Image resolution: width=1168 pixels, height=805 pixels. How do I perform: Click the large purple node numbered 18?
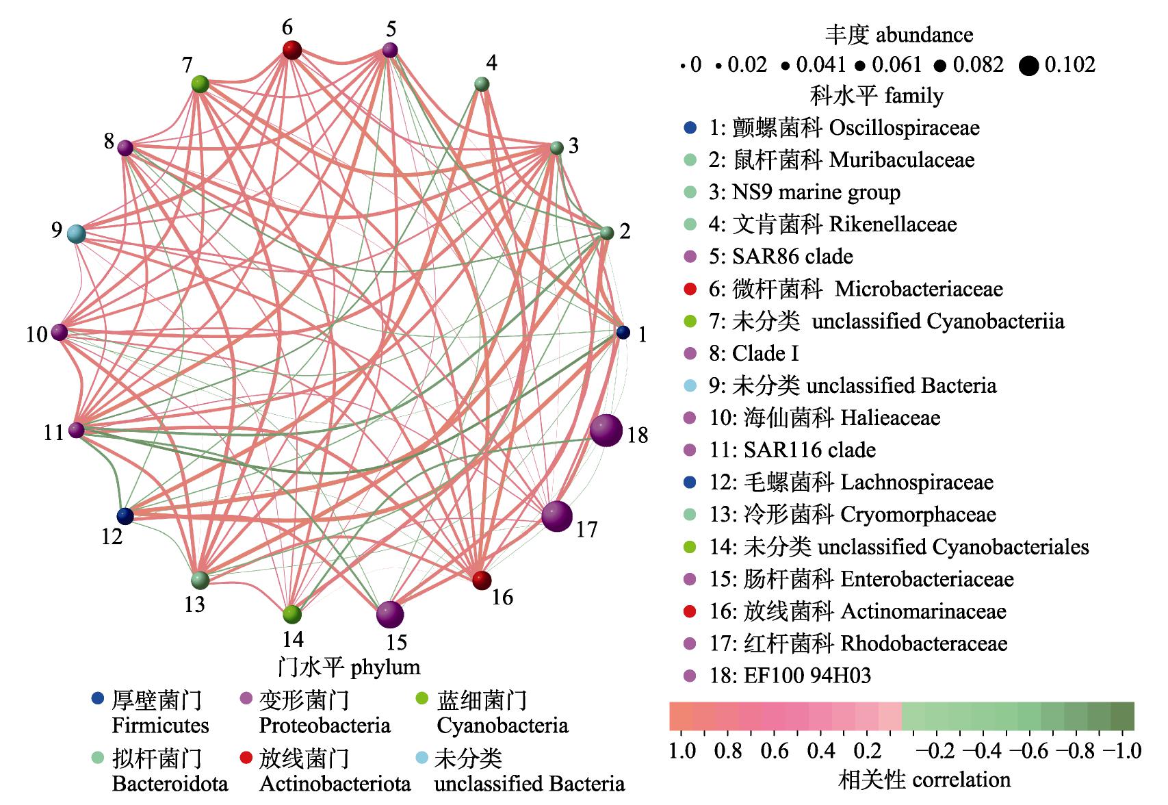coord(606,431)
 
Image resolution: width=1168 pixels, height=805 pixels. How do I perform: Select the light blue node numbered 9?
coord(77,233)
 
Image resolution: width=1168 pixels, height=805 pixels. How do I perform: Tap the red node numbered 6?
coord(292,50)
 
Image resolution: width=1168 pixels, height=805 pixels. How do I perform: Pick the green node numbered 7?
coord(200,84)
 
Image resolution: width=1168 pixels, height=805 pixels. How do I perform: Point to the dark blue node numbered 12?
coord(125,516)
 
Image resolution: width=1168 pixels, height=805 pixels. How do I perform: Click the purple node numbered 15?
coord(390,614)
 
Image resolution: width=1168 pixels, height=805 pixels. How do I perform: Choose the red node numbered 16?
coord(482,580)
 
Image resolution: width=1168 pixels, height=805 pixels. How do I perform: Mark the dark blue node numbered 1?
coord(623,332)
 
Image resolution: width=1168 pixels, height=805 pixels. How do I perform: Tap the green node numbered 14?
coord(292,615)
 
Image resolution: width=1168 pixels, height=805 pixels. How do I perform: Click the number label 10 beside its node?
coord(37,335)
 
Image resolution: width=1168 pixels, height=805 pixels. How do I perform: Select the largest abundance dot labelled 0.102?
coord(1029,66)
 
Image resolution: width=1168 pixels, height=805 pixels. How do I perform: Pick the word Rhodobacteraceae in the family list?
coord(924,643)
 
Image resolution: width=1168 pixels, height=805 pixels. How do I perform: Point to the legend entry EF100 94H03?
coord(790,676)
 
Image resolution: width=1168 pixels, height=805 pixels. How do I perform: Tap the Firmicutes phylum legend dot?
coord(98,699)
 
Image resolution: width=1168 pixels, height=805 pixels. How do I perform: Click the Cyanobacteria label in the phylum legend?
coord(503,726)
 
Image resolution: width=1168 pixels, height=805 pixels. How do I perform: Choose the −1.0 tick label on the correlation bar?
coord(1124,751)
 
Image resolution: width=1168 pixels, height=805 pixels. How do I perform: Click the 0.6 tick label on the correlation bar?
coord(775,751)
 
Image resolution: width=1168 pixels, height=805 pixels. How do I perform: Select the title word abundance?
coord(924,35)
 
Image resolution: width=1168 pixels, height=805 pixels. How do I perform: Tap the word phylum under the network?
coord(385,667)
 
